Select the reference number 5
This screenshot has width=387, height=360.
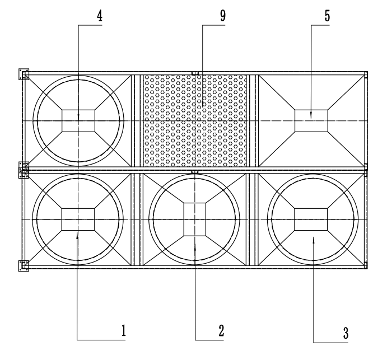point(327,16)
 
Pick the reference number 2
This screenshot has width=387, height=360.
point(222,330)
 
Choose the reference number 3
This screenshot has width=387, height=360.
point(346,332)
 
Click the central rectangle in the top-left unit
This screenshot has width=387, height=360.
point(78,121)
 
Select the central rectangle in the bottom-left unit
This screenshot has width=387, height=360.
point(78,218)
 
